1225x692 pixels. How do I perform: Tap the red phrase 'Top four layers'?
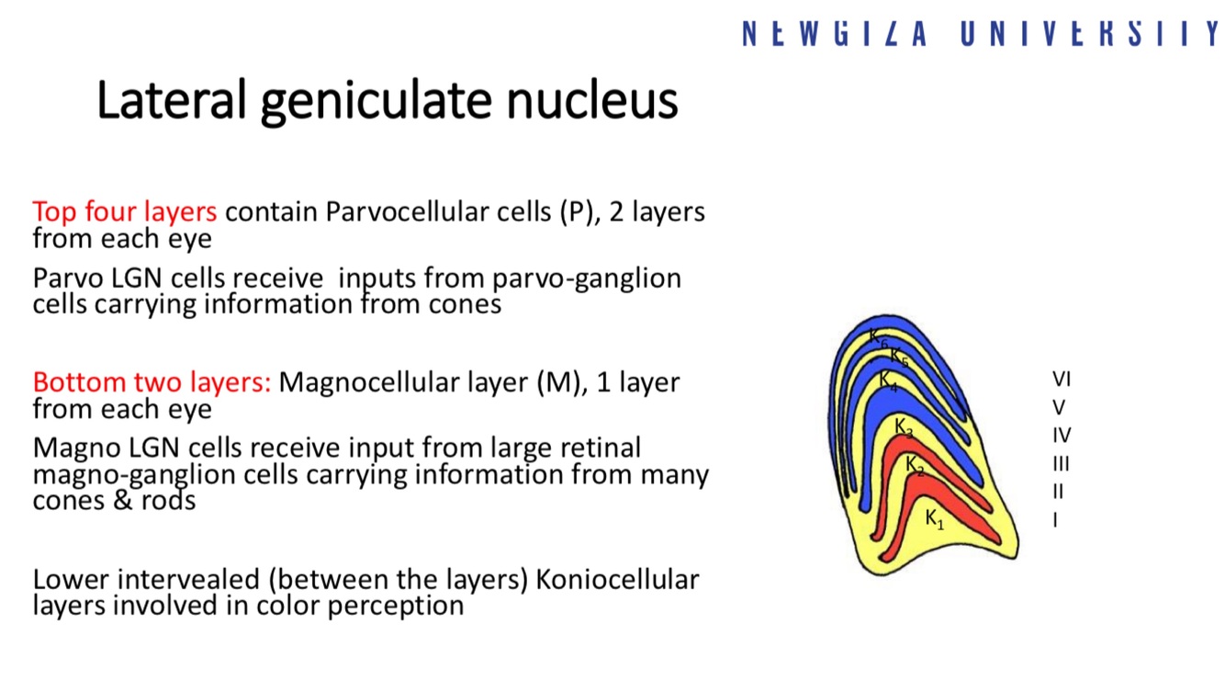[x=124, y=211]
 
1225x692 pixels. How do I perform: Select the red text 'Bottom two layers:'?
[x=152, y=381]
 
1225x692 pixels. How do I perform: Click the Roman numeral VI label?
[x=1062, y=379]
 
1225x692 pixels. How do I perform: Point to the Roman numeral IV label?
[x=1062, y=435]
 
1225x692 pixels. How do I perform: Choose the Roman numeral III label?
[x=1061, y=463]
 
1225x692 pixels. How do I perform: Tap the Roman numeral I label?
[x=1056, y=520]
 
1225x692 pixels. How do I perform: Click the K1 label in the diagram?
[x=934, y=519]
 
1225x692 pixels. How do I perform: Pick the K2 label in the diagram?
[x=915, y=465]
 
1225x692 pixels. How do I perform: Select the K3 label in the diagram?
[x=904, y=426]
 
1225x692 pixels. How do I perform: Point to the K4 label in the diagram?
[x=888, y=379]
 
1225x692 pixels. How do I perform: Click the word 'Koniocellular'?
[x=617, y=580]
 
